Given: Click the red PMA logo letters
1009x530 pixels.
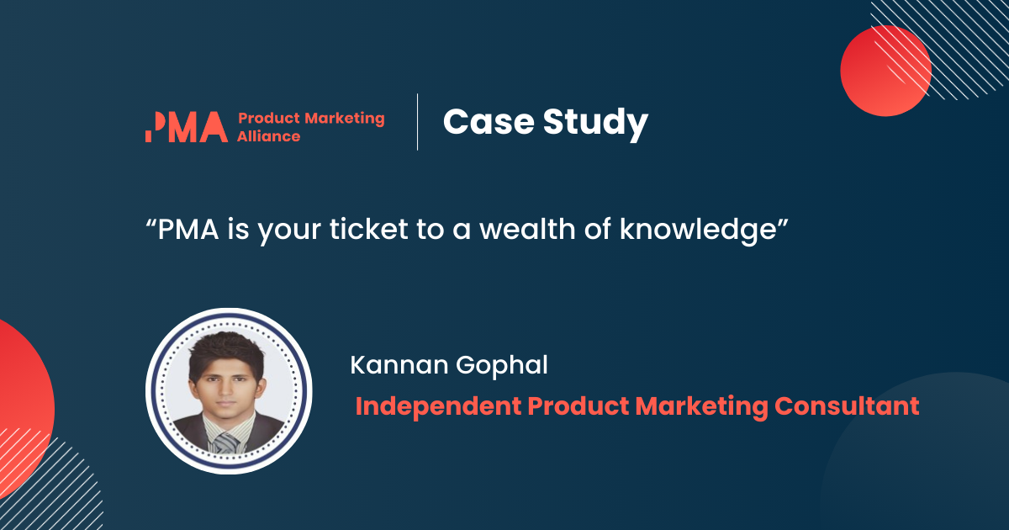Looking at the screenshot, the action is point(187,127).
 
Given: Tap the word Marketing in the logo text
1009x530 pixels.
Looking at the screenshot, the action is point(345,119).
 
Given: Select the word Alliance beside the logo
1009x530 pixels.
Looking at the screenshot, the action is point(268,136).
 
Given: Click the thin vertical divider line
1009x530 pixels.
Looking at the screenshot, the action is point(418,122).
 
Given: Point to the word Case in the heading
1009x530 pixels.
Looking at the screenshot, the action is point(489,122).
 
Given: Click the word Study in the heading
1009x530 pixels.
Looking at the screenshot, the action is point(595,124).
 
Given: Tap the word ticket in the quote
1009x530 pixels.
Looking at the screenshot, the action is point(369,229).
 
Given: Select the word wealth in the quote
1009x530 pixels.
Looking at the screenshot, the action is point(527,229).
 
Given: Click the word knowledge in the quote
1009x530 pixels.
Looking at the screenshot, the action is point(698,231).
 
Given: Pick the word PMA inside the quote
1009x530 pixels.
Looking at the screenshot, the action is point(188,229).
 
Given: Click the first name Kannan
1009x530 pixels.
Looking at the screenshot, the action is point(399,364).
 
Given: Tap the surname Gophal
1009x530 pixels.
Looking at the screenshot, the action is point(502,367).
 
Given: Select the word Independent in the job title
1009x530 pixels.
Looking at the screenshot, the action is point(438,405).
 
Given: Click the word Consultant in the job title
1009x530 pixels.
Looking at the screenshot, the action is point(847,405).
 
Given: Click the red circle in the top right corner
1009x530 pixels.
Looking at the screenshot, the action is point(885,71).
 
